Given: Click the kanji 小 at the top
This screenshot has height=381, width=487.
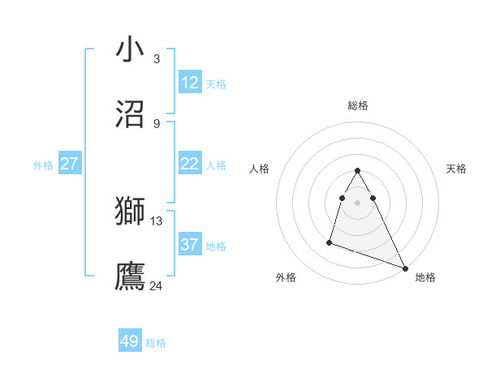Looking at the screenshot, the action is [x=131, y=50].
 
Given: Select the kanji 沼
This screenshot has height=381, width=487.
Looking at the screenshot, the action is [x=131, y=113].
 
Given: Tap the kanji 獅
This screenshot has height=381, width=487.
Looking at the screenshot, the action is [x=131, y=211].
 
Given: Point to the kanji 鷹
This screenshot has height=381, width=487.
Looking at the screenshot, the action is [x=131, y=275].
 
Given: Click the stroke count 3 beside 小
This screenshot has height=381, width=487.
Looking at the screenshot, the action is [x=157, y=59].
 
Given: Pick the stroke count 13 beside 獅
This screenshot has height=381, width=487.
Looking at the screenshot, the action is [x=157, y=220].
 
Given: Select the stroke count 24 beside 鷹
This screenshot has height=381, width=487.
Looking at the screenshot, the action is [x=157, y=285].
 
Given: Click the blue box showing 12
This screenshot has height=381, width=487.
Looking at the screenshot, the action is [x=190, y=83].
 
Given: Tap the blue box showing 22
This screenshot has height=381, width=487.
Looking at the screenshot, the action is [x=190, y=164].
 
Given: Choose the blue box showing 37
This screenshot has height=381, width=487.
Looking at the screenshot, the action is [x=190, y=245].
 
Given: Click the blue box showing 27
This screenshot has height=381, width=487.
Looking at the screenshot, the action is [x=70, y=164].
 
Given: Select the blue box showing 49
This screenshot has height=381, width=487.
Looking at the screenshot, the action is [x=130, y=341].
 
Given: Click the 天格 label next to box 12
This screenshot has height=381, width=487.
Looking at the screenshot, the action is [x=216, y=84].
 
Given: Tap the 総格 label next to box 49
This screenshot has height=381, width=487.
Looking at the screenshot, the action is [x=156, y=343].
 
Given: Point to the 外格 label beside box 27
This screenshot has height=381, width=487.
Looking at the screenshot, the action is [x=43, y=165].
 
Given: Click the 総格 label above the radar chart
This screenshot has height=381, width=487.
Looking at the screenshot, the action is [x=357, y=105].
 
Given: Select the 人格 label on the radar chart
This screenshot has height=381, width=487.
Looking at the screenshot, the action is [x=259, y=169].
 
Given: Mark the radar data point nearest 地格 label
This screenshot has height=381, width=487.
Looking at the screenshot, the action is [x=405, y=268].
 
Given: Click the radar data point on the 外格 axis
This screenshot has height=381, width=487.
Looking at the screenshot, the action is [x=330, y=242].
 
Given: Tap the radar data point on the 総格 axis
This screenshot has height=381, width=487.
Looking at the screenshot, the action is [x=357, y=170].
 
